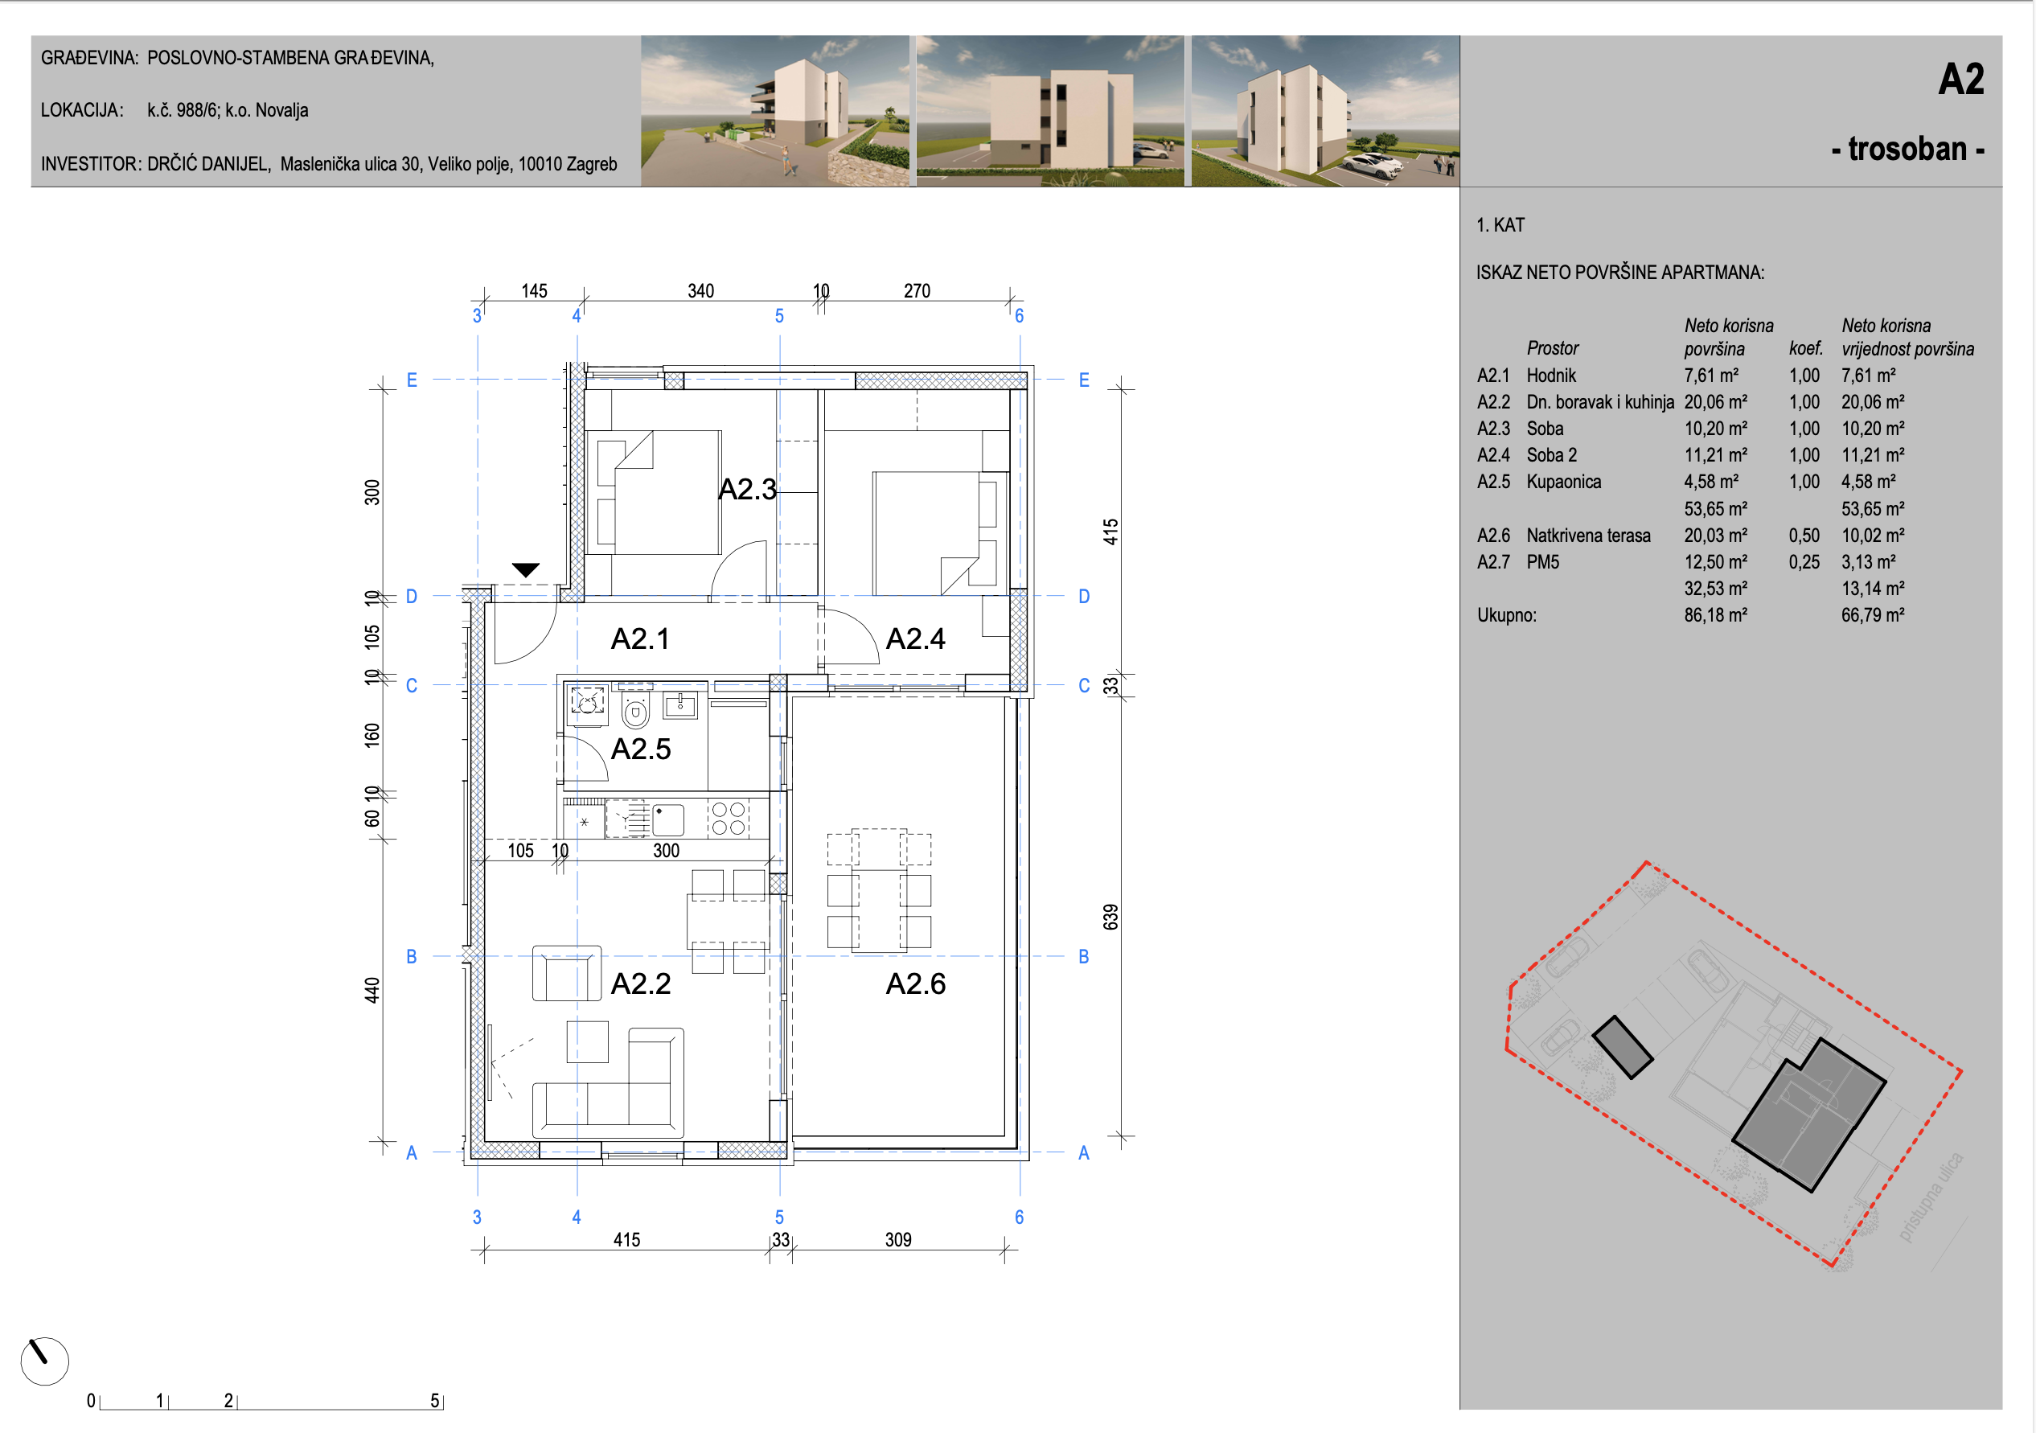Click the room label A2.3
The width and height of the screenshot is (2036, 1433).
[747, 489]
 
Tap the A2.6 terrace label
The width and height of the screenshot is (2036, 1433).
[915, 983]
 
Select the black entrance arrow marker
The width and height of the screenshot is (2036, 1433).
[526, 570]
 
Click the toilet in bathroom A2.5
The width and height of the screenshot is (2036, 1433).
[635, 709]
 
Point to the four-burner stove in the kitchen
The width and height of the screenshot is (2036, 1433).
[728, 819]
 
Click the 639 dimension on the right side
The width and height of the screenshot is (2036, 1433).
[1110, 917]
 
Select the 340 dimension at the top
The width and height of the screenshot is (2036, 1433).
[700, 291]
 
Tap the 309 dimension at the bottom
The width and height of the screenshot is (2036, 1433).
[897, 1240]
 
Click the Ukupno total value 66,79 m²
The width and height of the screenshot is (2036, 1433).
[1872, 614]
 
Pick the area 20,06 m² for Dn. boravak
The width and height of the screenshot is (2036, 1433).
[1715, 402]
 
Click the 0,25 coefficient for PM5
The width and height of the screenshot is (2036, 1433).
[1804, 561]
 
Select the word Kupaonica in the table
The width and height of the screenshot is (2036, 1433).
[1563, 482]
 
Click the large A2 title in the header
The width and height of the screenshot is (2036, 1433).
[1960, 79]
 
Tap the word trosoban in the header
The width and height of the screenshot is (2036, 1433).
[1907, 148]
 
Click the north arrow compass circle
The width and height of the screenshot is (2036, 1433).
[44, 1361]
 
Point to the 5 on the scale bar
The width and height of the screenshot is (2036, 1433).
[434, 1400]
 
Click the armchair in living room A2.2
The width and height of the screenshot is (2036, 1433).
[567, 974]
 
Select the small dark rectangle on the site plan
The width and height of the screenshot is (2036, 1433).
[1622, 1047]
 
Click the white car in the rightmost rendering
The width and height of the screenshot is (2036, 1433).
[1371, 163]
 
